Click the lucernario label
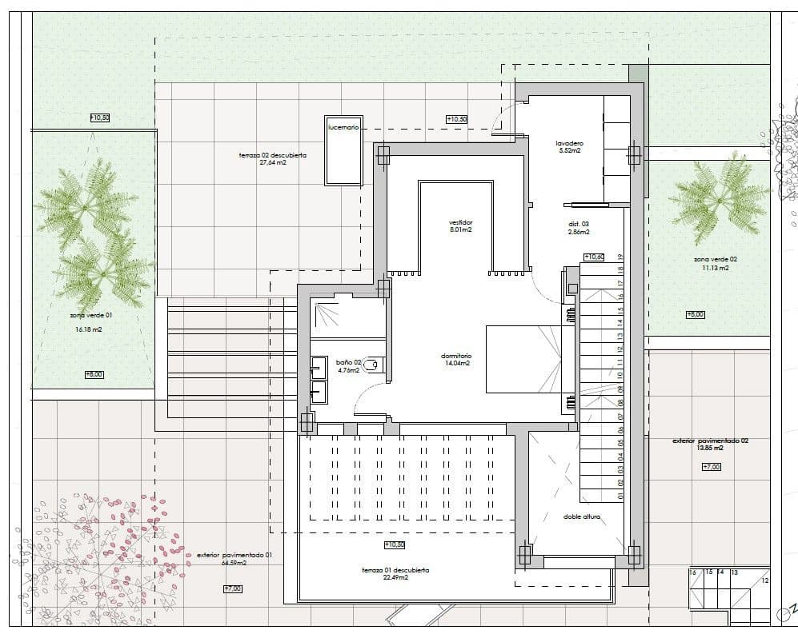tap(343, 127)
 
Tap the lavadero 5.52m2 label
tap(568, 146)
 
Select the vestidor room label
tap(460, 225)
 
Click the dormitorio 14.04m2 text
tap(456, 359)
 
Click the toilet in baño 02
tap(375, 365)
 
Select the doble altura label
tap(582, 516)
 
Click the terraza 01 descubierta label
tap(395, 573)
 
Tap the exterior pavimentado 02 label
tap(710, 444)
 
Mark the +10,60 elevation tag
tap(593, 257)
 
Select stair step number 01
tap(620, 496)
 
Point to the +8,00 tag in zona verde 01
tap(94, 374)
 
